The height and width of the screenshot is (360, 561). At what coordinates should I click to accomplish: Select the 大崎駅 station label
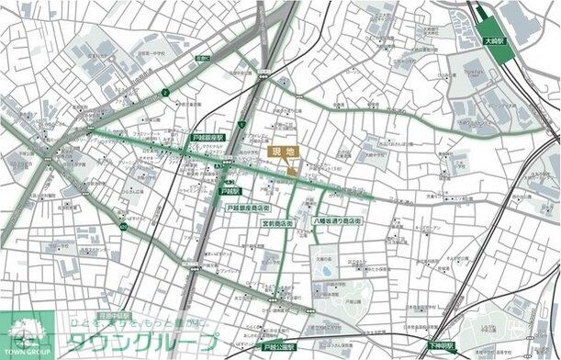pyautogui.click(x=493, y=41)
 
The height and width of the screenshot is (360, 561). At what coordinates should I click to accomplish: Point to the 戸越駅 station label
pyautogui.click(x=230, y=192)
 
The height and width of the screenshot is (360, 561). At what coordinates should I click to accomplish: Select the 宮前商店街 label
pyautogui.click(x=277, y=223)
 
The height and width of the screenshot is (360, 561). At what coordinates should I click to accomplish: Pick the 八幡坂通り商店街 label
pyautogui.click(x=338, y=222)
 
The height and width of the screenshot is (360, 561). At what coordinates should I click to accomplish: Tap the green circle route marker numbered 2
pyautogui.click(x=164, y=92)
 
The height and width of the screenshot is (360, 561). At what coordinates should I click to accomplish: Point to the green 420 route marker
pyautogui.click(x=123, y=224)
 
